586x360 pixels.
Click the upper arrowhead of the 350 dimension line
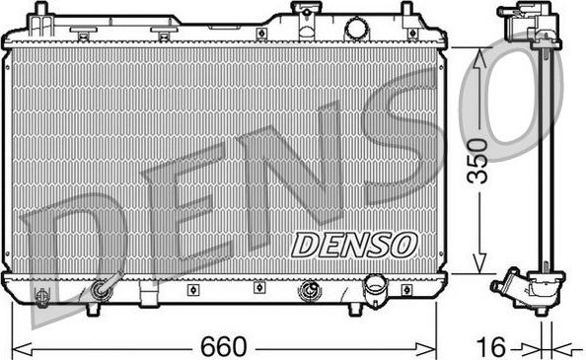click(480, 55)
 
